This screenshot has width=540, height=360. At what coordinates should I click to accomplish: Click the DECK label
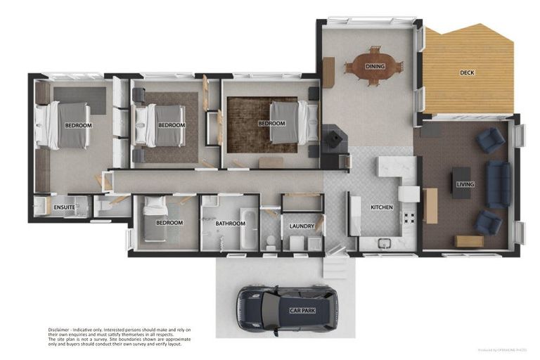(x=467, y=72)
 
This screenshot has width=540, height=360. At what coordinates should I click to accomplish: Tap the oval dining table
(x=373, y=66)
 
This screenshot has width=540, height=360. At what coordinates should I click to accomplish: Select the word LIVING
(x=465, y=184)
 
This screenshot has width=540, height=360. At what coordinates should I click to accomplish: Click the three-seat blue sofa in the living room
(x=498, y=184)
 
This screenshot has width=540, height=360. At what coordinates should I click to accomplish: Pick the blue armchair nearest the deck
(x=489, y=140)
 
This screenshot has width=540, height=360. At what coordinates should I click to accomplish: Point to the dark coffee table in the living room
(x=461, y=182)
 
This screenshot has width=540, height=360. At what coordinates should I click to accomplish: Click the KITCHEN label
(x=381, y=207)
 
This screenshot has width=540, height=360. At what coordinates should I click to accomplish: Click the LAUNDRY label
(x=302, y=226)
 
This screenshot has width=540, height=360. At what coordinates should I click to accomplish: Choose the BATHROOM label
(x=230, y=224)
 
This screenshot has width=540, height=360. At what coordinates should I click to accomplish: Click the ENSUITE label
(x=64, y=207)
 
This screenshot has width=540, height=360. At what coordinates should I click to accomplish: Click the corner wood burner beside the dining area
(x=332, y=137)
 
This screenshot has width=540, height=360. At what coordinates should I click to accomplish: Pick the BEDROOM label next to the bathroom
(x=169, y=223)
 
